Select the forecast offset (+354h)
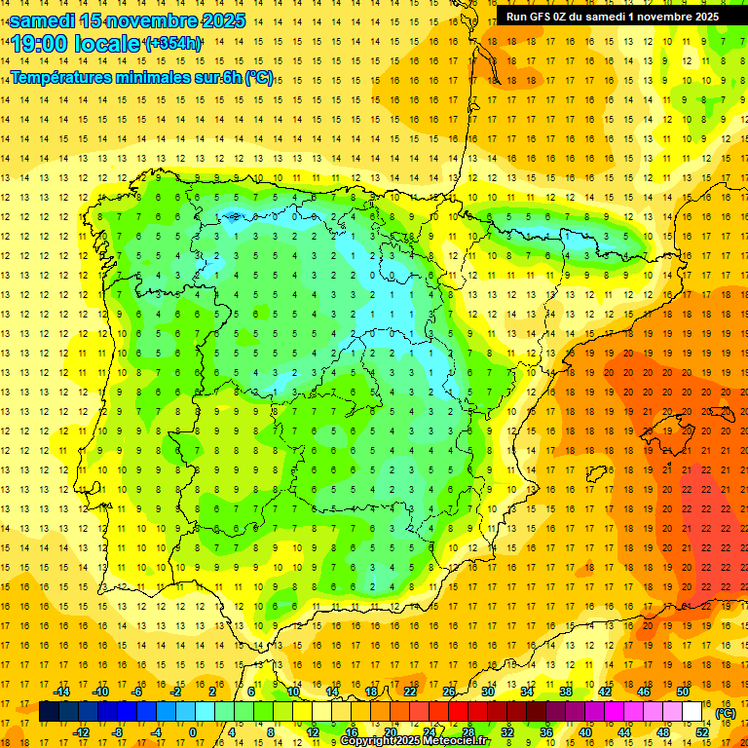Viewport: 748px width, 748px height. coord(173,44)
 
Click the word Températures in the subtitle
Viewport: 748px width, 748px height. coord(65,78)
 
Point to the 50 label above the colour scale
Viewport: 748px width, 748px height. coord(683,692)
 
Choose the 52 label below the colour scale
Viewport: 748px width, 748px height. coord(702,732)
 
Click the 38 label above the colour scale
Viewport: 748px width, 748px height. coord(566,692)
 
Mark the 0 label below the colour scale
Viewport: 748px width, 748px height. coord(193,732)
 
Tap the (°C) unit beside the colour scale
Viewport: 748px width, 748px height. coord(726,713)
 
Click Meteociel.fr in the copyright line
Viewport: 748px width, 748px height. coord(458,741)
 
